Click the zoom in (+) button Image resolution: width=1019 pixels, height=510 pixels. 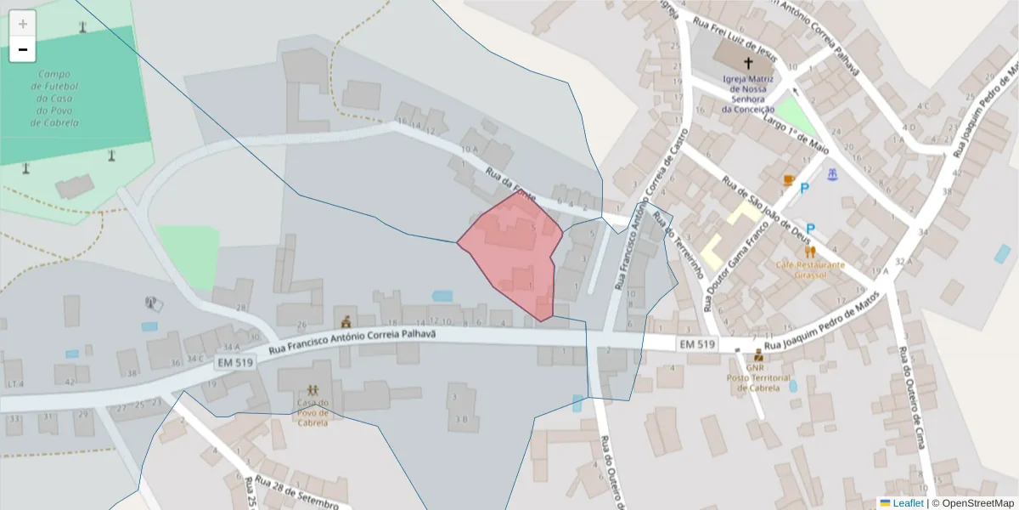tap(23, 24)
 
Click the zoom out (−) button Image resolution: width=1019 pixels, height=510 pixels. tap(23, 50)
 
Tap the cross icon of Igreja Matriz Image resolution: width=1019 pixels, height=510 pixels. tap(749, 63)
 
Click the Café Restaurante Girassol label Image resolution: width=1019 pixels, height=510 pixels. tap(810, 269)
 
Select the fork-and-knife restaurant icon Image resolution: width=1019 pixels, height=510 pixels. tap(810, 252)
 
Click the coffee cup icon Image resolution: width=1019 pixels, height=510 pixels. tap(789, 180)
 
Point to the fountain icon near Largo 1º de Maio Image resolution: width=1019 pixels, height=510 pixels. tap(833, 175)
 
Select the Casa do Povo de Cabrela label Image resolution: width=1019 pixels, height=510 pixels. tap(312, 412)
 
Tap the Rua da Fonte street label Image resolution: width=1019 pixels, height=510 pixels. tap(510, 184)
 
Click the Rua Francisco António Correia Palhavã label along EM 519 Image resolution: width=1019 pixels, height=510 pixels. tap(352, 343)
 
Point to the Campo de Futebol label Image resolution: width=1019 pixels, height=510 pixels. tap(54, 99)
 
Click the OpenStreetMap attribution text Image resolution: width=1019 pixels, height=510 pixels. tap(973, 503)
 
